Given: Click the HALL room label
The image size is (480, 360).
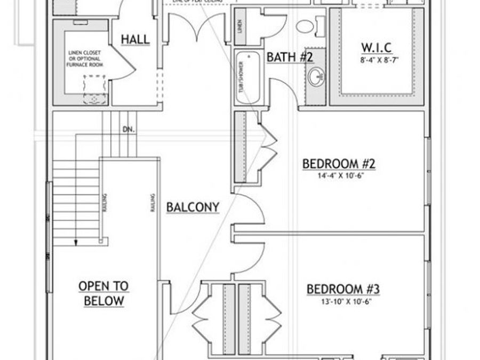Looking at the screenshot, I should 135,39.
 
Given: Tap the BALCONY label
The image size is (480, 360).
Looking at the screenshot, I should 193,207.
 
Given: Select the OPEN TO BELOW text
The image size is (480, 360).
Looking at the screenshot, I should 103,293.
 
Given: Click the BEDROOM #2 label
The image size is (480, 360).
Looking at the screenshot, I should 339,163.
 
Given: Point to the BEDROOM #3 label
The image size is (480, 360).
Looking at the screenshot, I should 342,289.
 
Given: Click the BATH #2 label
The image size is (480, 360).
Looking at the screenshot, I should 290,57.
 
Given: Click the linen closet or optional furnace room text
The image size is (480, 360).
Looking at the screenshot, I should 85,59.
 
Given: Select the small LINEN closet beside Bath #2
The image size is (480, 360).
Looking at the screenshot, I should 240,26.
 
